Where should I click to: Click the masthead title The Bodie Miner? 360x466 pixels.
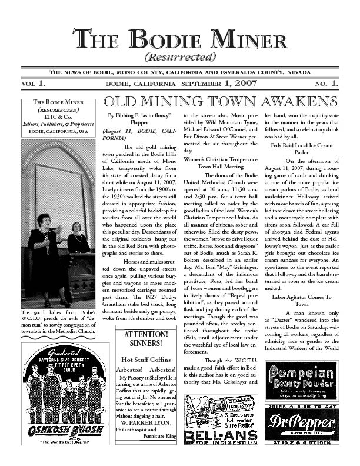179,41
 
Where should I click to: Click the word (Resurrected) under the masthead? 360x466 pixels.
179,58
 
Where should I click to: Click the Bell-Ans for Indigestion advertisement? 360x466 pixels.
221,420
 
